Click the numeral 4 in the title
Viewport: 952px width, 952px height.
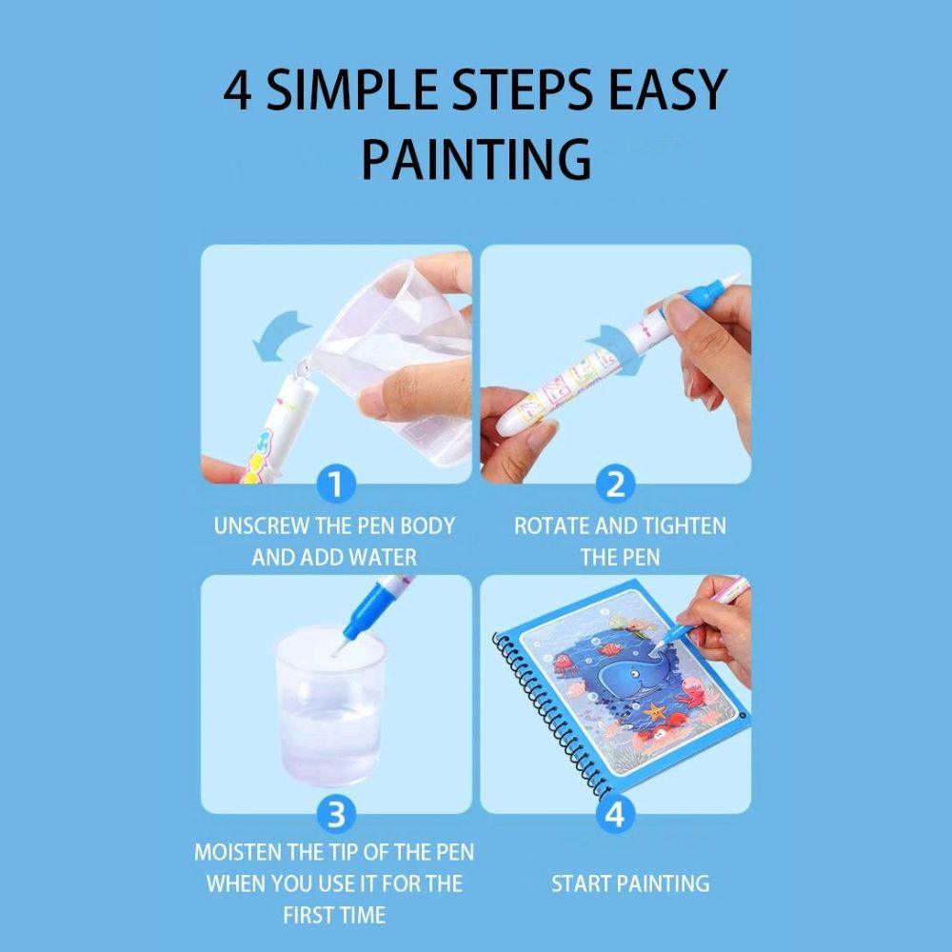pyautogui.click(x=239, y=91)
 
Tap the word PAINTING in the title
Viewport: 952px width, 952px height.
pyautogui.click(x=475, y=158)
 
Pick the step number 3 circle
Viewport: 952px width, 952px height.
pyautogui.click(x=333, y=815)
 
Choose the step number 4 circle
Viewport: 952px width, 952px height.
pyautogui.click(x=615, y=815)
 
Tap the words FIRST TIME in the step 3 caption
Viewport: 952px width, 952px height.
pyautogui.click(x=333, y=916)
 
